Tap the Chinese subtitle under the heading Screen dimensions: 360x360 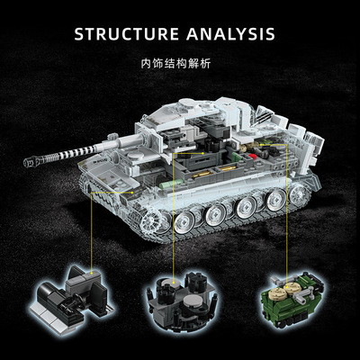[180, 66]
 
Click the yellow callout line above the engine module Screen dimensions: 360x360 [286, 216]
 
